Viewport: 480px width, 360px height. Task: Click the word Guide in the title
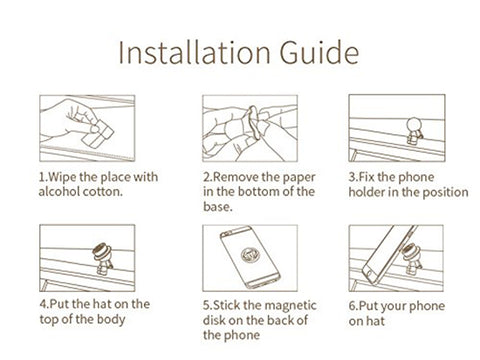[319, 52]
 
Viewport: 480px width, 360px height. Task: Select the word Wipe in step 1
[63, 177]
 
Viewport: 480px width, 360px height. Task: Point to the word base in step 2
[216, 207]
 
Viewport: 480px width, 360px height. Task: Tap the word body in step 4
[111, 320]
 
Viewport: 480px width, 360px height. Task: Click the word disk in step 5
[214, 320]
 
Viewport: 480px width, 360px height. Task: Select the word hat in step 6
[375, 321]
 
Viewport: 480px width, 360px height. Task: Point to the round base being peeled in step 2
[254, 122]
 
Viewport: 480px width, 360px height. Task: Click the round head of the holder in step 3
[414, 125]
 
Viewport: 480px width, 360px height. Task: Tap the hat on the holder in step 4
[103, 252]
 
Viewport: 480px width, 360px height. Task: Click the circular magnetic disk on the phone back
[249, 256]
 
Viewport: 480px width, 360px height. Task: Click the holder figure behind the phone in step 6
[412, 259]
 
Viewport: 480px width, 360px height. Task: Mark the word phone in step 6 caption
[427, 307]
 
